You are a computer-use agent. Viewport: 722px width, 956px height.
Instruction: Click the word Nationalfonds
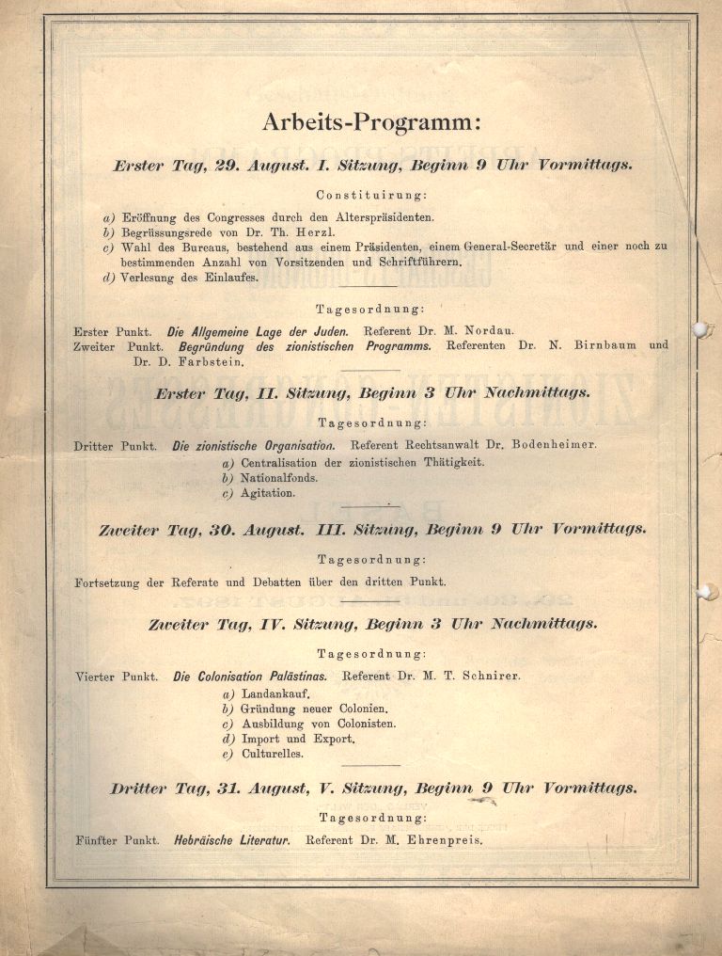pyautogui.click(x=279, y=477)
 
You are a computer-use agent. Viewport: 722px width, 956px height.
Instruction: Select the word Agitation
pyautogui.click(x=268, y=493)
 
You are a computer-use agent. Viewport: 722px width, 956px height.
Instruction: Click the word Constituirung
pyautogui.click(x=372, y=196)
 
